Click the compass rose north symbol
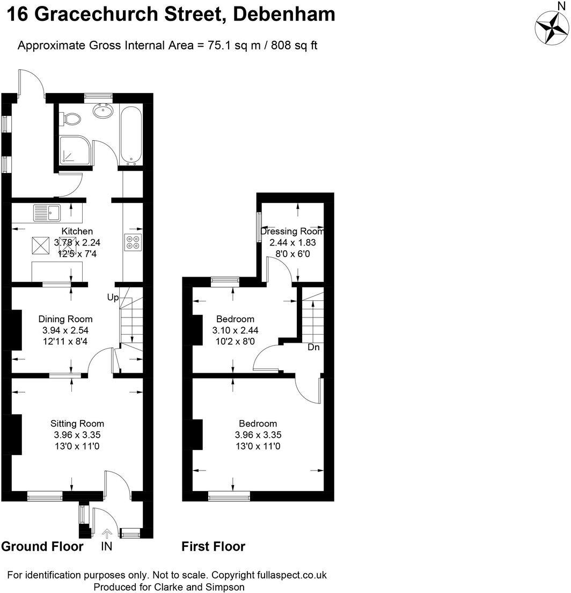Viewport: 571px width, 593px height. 552,26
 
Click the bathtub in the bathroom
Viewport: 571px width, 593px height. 131,134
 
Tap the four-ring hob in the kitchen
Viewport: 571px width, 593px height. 133,243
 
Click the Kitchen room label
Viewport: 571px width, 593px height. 77,231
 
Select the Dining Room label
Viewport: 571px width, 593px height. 67,319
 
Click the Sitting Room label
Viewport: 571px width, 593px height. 77,423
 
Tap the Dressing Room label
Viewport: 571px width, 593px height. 292,232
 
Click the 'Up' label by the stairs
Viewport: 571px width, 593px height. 113,297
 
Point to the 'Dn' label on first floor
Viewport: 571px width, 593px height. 314,348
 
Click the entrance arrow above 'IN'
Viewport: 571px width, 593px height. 107,533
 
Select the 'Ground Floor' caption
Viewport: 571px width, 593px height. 42,547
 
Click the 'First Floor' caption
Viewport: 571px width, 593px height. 213,547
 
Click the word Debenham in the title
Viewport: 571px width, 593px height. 284,13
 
